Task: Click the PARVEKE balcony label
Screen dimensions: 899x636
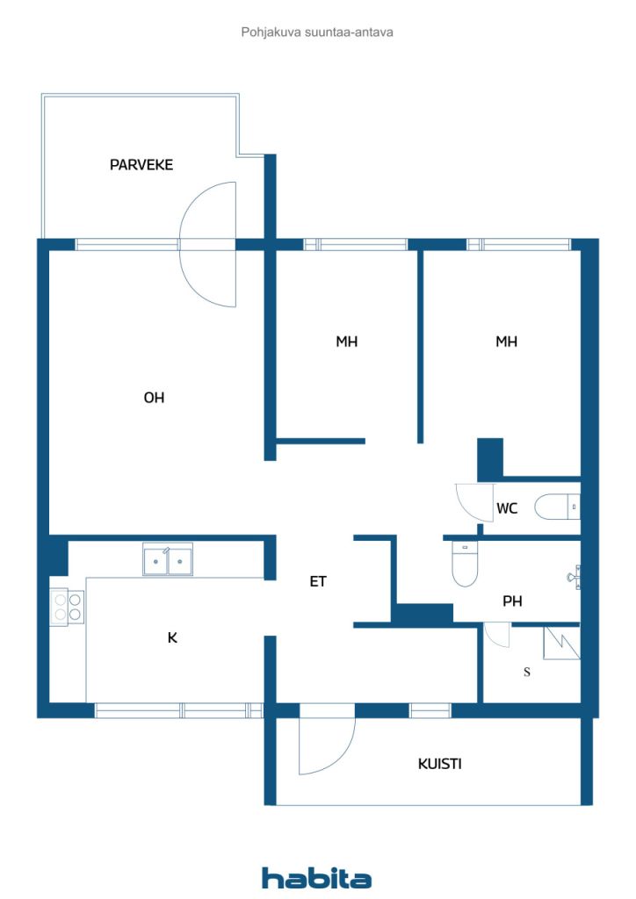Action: click(x=141, y=164)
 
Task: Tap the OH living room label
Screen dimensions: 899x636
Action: click(x=154, y=398)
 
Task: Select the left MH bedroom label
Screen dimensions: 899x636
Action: click(x=346, y=342)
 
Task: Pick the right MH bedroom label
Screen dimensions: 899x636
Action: click(x=505, y=342)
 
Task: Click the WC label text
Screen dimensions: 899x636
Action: click(x=507, y=508)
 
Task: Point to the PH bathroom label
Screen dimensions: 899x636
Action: click(x=512, y=602)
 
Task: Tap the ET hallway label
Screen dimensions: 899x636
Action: click(x=318, y=581)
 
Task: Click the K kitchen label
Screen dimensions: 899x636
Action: click(x=172, y=638)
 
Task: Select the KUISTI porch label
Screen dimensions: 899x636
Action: click(x=439, y=764)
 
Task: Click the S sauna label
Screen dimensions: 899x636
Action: click(x=527, y=672)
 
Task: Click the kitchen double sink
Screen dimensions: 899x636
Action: click(x=168, y=559)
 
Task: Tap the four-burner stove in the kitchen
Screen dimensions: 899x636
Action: click(x=67, y=606)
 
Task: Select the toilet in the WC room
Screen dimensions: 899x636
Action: click(x=557, y=507)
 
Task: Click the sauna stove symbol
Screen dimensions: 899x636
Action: click(x=560, y=643)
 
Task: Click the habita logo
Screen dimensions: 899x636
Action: click(x=316, y=878)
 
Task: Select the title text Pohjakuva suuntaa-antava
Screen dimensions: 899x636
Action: click(x=316, y=32)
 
